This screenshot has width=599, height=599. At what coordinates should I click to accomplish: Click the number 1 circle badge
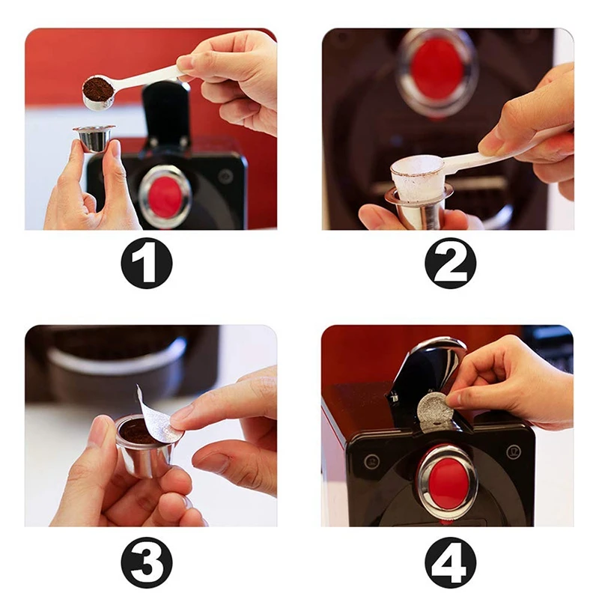point(147,263)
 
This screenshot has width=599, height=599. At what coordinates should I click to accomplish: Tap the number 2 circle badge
point(451,263)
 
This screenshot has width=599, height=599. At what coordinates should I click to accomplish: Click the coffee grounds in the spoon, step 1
point(97,88)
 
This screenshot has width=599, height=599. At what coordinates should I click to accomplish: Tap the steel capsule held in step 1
point(94,139)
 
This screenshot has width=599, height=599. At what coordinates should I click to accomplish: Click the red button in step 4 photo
point(446,482)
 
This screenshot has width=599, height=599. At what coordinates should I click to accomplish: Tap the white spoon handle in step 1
point(150,77)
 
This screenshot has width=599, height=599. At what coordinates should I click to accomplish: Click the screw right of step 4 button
point(513,451)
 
